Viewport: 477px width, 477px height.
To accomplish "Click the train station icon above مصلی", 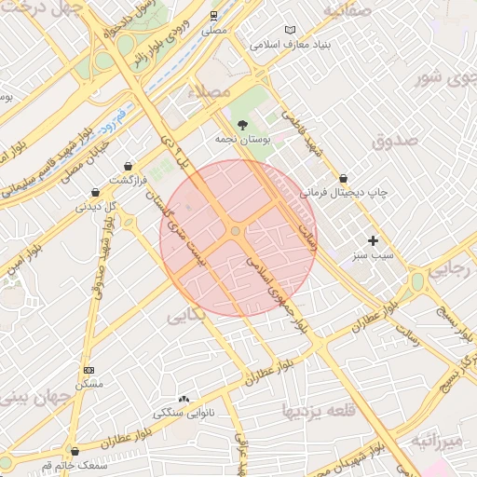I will [x=213, y=16].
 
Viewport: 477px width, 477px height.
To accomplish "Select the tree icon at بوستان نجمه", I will [x=243, y=124].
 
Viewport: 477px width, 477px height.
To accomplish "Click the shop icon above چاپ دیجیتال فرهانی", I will [x=344, y=177].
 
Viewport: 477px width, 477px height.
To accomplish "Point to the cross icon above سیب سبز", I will [x=374, y=240].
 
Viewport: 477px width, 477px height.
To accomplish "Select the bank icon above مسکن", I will [x=89, y=370].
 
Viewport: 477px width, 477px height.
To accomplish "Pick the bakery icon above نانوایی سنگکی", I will [x=183, y=398].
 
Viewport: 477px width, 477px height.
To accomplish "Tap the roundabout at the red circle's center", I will [x=237, y=230].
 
